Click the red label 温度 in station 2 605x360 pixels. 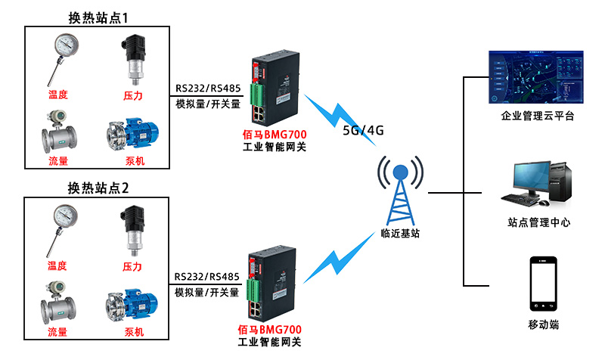57,265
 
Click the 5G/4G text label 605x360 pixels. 363,130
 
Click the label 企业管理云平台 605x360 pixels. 538,116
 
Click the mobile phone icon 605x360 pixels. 543,284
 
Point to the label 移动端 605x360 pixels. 543,324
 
